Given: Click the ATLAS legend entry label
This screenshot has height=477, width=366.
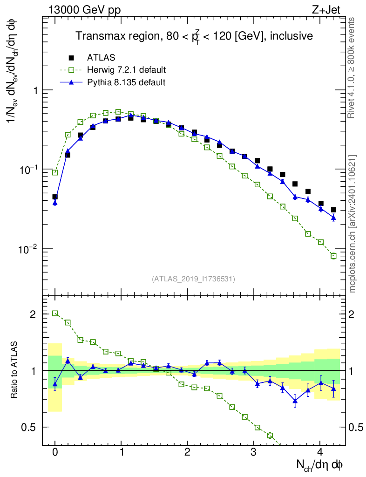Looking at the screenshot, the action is (101, 57).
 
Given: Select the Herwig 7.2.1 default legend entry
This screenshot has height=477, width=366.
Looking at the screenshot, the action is (126, 70).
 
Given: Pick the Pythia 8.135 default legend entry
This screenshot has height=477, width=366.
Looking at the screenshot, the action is (126, 82).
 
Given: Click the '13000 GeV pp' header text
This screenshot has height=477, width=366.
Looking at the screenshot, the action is (84, 10).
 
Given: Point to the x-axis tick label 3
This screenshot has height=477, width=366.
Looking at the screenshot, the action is (253, 452).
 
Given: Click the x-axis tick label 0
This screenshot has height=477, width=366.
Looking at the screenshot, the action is (55, 452).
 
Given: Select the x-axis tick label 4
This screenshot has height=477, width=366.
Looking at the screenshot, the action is (320, 452).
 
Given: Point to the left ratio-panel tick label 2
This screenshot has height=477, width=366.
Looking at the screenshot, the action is (33, 314).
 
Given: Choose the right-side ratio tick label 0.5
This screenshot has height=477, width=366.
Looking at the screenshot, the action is (356, 428).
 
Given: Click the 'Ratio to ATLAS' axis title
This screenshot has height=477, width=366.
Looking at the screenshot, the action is (14, 370).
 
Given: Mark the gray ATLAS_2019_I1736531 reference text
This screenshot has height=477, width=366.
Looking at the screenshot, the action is (193, 279).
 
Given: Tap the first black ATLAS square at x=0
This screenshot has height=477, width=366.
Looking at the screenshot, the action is (55, 197).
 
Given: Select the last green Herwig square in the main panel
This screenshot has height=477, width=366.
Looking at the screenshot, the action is (333, 256).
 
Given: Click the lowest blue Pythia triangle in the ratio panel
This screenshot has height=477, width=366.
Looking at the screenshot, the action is (295, 401).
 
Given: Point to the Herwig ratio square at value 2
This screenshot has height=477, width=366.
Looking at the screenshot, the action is (55, 313).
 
